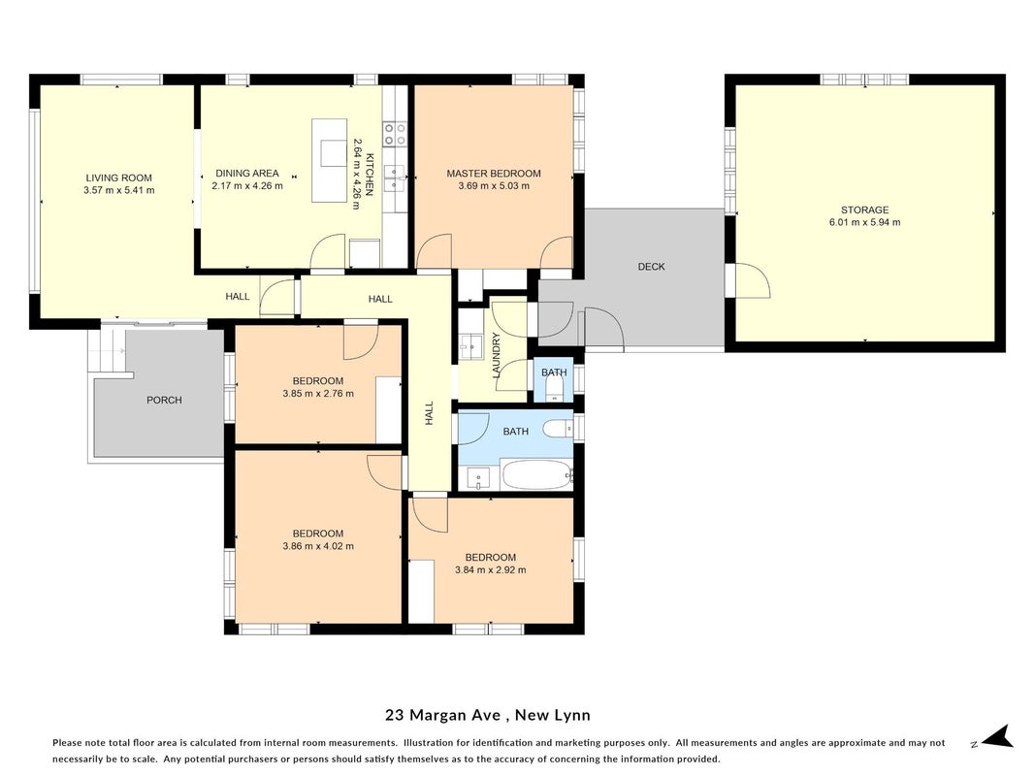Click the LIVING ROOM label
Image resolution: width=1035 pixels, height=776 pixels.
(118, 178)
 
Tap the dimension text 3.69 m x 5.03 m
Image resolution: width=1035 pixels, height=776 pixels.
(494, 186)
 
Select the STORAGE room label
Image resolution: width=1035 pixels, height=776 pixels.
(864, 210)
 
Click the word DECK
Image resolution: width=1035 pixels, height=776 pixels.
(652, 267)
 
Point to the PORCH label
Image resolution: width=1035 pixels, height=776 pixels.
(164, 400)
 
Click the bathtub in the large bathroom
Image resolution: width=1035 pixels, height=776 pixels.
(536, 475)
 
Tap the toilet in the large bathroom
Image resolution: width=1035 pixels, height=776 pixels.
(559, 430)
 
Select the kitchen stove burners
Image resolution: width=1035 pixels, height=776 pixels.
(395, 134)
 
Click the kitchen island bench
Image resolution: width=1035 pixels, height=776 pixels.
(330, 160)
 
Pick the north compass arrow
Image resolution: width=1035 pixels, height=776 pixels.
(998, 736)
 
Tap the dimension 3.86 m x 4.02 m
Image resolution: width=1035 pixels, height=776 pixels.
(318, 546)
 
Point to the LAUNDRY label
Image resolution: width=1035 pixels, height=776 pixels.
(497, 356)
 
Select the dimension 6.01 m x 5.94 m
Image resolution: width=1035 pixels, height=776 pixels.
(864, 222)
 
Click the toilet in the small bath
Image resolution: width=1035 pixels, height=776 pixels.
(554, 389)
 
